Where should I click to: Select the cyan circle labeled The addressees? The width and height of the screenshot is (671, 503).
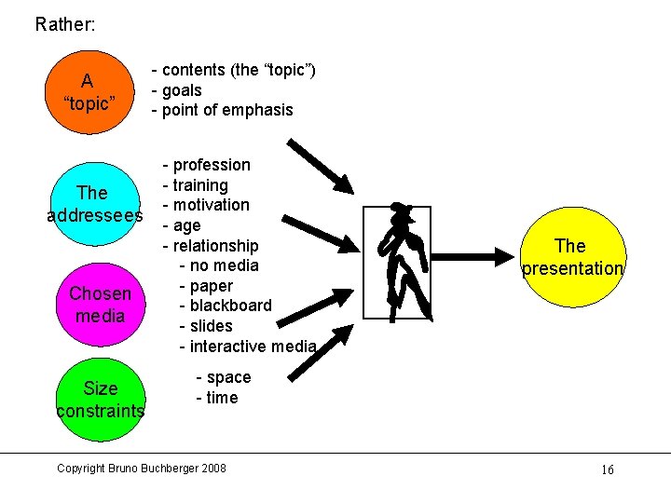93,205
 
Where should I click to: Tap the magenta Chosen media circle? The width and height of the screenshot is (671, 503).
100,305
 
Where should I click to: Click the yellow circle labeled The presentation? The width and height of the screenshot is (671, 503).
571,257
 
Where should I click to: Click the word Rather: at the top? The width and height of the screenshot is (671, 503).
64,24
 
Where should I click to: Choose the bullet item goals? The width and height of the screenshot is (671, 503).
182,90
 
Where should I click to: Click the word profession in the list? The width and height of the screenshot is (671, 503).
212,165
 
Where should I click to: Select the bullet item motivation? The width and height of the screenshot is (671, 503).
211,205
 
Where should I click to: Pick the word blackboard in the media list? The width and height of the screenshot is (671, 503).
230,306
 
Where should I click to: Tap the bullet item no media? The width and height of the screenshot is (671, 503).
224,265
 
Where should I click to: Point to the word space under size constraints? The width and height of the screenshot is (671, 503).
228,377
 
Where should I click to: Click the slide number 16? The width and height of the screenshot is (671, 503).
607,469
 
